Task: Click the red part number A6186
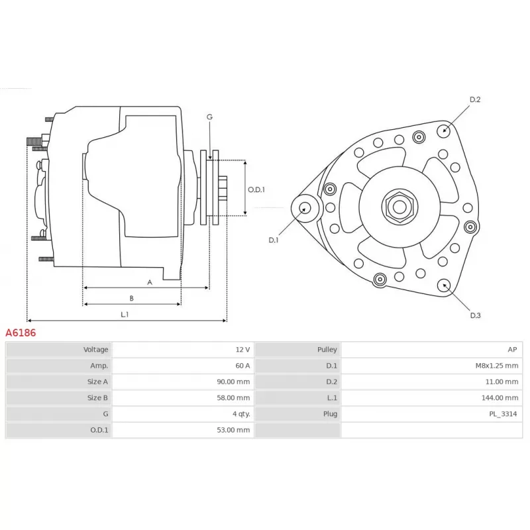pyautogui.click(x=21, y=333)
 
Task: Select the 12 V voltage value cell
pyautogui.click(x=242, y=350)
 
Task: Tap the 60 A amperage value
pyautogui.click(x=242, y=366)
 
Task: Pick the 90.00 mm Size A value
pyautogui.click(x=233, y=382)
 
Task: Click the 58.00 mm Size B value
pyautogui.click(x=233, y=398)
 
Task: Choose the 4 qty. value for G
pyautogui.click(x=241, y=413)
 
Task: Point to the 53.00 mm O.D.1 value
pyautogui.click(x=233, y=430)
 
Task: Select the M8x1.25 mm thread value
pyautogui.click(x=496, y=366)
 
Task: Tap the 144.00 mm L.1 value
pyautogui.click(x=500, y=398)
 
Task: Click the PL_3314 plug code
pyautogui.click(x=503, y=413)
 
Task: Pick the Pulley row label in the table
pyautogui.click(x=327, y=350)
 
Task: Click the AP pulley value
pyautogui.click(x=512, y=350)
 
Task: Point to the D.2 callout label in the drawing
pyautogui.click(x=475, y=99)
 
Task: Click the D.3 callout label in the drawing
pyautogui.click(x=475, y=315)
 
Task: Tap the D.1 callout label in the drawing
pyautogui.click(x=273, y=240)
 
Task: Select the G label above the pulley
pyautogui.click(x=209, y=117)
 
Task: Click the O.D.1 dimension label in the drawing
pyautogui.click(x=256, y=189)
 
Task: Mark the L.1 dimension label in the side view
pyautogui.click(x=125, y=314)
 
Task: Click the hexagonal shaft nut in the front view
pyautogui.click(x=399, y=207)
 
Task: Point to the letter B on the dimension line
pyautogui.click(x=131, y=298)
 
